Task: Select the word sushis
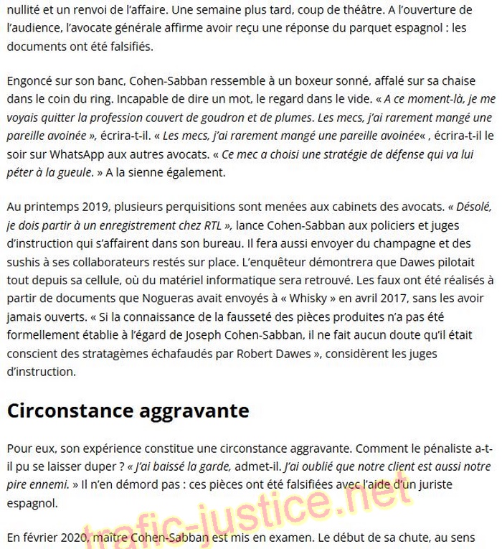[x=22, y=262]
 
